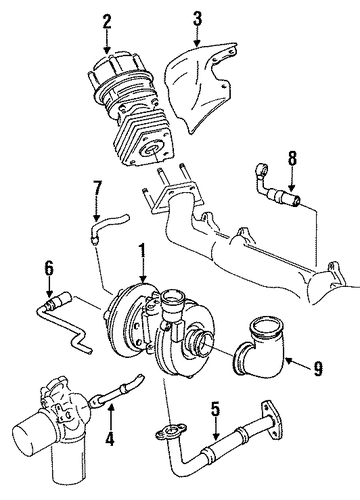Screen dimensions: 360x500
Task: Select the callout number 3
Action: click(197, 19)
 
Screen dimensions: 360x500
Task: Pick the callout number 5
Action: click(216, 409)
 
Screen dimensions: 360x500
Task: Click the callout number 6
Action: click(49, 268)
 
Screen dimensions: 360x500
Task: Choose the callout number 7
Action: click(97, 190)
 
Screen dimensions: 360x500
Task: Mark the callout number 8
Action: click(292, 159)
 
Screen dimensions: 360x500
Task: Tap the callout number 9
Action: click(318, 368)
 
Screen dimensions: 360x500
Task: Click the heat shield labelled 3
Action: click(200, 83)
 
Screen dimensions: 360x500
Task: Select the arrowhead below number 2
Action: click(107, 50)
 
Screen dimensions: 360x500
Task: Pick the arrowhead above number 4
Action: click(110, 407)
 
